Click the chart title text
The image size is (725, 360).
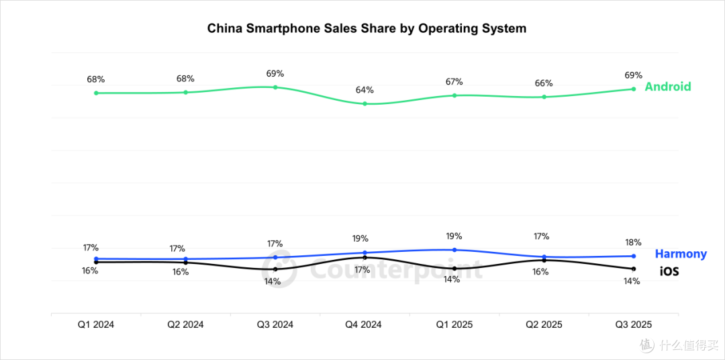coord(367,28)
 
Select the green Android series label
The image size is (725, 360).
coord(668,87)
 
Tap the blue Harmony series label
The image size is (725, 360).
coord(681,254)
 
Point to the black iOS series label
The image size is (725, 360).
coord(669,271)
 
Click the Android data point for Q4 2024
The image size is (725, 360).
coord(365,103)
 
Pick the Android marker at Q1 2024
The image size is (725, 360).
coord(96,93)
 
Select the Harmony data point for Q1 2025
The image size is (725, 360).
coord(454,250)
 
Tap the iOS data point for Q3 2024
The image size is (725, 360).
coord(275,269)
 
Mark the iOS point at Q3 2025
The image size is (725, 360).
coord(634,269)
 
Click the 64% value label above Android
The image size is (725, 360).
coord(365,90)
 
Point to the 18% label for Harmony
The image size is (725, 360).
coord(633,242)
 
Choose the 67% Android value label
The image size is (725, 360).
coord(454,82)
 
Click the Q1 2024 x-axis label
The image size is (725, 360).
coord(96,324)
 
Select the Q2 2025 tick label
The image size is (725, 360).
coord(544,324)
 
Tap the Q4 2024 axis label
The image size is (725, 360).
coord(365,324)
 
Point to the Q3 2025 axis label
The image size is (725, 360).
coord(634,324)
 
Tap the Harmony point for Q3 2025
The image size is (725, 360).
coord(634,256)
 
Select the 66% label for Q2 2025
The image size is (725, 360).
coord(544,83)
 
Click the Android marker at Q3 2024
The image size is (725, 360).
coord(275,87)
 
